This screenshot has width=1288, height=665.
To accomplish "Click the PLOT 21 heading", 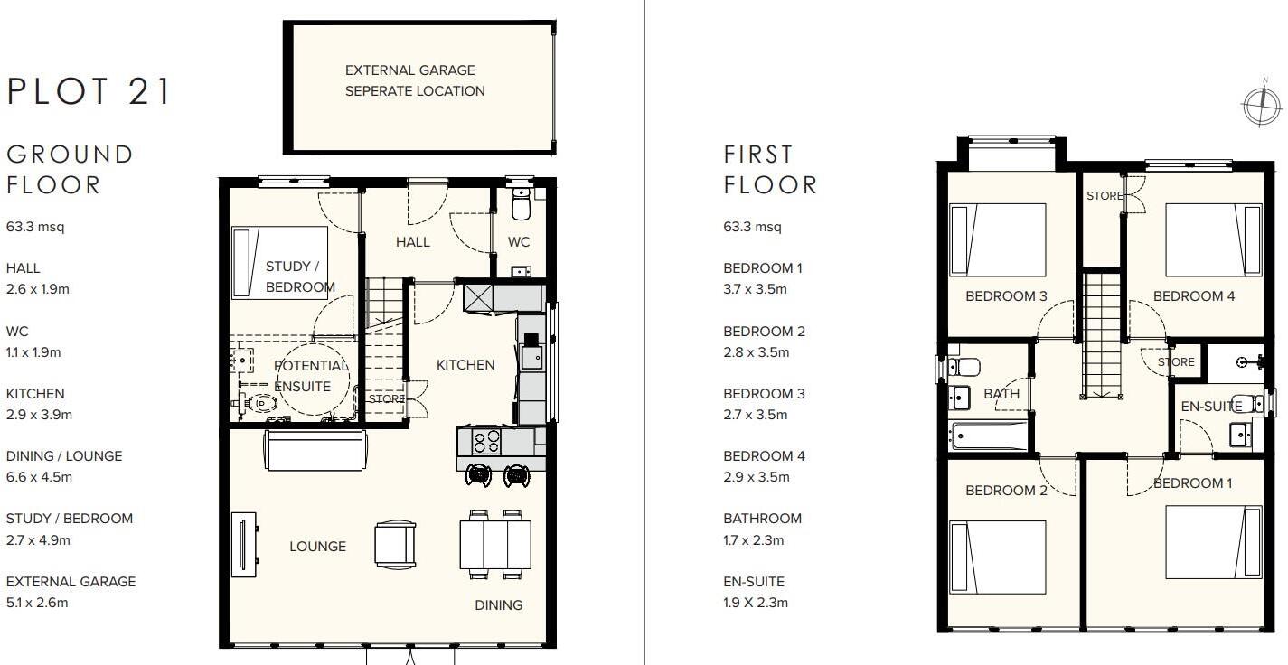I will (x=89, y=92).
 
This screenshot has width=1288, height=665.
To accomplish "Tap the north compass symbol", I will (x=1262, y=104).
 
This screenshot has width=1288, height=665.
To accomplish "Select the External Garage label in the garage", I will (x=415, y=80).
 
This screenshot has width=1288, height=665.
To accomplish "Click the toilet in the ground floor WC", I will (x=520, y=207).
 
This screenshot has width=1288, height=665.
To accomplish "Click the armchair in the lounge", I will (x=396, y=545).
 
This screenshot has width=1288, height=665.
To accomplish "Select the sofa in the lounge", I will (x=315, y=450).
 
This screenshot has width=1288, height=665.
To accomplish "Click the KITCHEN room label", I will (x=465, y=365).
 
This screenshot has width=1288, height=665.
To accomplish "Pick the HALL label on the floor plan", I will (x=412, y=241).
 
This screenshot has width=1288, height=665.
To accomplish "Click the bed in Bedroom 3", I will (x=998, y=239).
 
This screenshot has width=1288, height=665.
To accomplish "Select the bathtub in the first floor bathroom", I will (x=990, y=436).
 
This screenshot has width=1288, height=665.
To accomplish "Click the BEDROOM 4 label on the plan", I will (x=1193, y=295).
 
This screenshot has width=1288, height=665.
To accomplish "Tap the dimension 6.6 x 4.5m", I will (x=39, y=477).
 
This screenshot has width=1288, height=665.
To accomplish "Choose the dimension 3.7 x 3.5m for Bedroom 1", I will (x=756, y=289).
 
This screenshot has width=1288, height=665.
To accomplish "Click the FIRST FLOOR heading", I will (x=770, y=169).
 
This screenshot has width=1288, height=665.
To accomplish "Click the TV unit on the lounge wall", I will (x=243, y=544).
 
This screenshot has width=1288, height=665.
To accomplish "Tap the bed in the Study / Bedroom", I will (x=280, y=262).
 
